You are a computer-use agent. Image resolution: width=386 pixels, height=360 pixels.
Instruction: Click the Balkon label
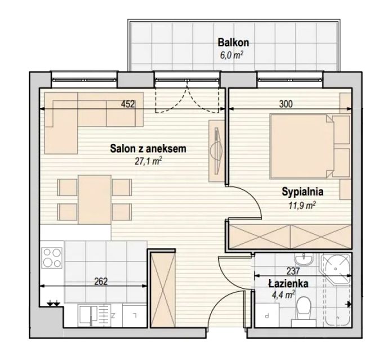pyautogui.click(x=234, y=43)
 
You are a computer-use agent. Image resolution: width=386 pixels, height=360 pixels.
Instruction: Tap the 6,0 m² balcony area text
pyautogui.click(x=231, y=55)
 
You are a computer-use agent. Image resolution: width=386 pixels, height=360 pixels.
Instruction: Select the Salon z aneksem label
pyautogui.click(x=148, y=148)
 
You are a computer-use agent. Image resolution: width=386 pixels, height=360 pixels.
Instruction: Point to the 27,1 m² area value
pyautogui.click(x=148, y=161)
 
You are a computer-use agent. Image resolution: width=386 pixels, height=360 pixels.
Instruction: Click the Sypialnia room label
pyautogui.click(x=302, y=192)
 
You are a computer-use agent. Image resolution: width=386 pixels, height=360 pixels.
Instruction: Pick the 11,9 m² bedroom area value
pyautogui.click(x=302, y=205)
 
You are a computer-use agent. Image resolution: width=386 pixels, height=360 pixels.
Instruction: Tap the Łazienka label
pyautogui.click(x=288, y=283)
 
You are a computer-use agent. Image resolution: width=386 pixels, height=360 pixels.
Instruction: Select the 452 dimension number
pyautogui.click(x=128, y=104)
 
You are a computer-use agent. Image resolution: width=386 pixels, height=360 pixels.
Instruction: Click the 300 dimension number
pyautogui.click(x=286, y=104)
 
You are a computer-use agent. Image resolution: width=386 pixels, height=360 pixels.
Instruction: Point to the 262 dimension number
pyautogui.click(x=101, y=281)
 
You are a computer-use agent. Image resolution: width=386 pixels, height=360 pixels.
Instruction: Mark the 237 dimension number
pyautogui.click(x=293, y=271)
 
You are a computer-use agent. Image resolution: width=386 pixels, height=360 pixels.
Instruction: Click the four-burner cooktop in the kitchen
pyautogui.click(x=52, y=258)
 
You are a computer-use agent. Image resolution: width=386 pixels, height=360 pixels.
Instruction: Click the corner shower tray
pyautogui.click(x=336, y=269)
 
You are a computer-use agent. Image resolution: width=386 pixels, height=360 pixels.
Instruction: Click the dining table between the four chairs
pyautogui.click(x=95, y=200)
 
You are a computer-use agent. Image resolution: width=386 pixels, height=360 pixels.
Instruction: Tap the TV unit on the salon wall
pyautogui.click(x=217, y=151)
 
